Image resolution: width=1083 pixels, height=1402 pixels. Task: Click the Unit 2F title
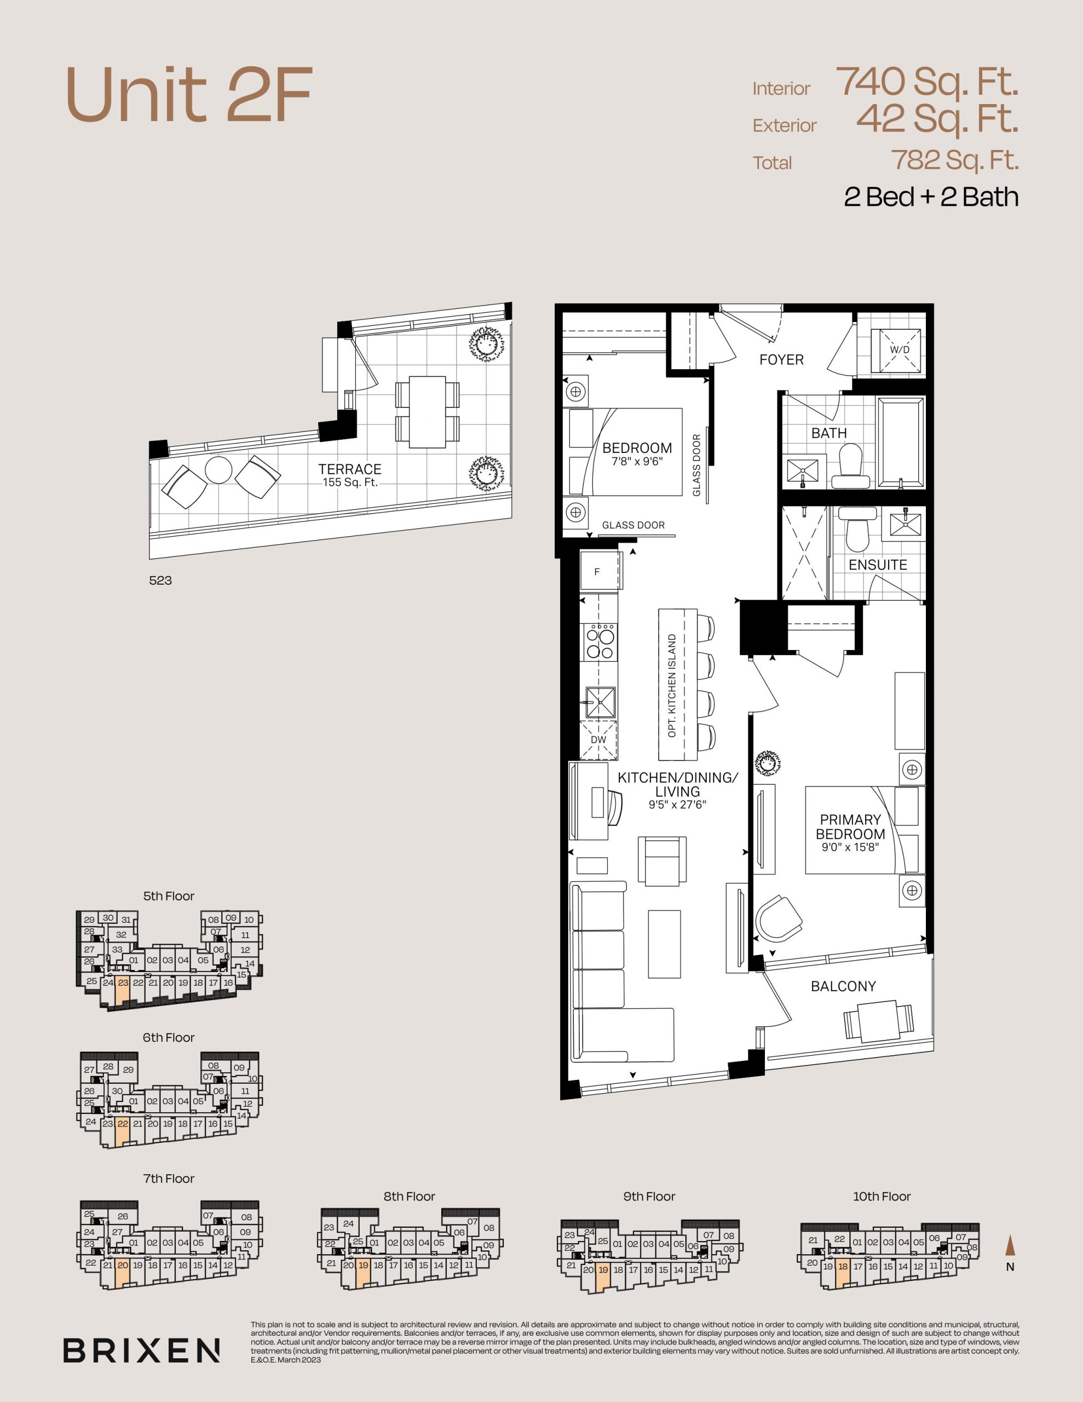(189, 95)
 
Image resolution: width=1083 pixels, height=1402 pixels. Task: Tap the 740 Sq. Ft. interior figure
(926, 82)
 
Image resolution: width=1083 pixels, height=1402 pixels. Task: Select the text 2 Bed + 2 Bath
(931, 197)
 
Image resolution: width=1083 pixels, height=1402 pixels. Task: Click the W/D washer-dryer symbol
(900, 350)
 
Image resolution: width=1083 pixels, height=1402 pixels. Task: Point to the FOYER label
(781, 359)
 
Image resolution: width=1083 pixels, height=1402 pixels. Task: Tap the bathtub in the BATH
(901, 443)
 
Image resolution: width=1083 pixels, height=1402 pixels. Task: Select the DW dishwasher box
(598, 739)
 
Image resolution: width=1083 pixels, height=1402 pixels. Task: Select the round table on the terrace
(218, 470)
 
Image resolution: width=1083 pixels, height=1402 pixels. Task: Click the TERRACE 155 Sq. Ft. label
(350, 475)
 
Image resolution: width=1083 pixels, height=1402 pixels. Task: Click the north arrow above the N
(1010, 1245)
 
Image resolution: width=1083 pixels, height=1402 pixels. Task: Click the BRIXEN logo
(141, 1351)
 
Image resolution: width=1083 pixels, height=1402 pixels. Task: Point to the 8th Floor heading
(410, 1196)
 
